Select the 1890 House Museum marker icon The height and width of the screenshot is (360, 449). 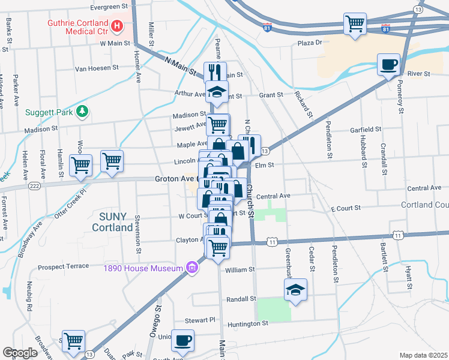[x=192, y=268]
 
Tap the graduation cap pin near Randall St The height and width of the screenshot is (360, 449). [x=295, y=290]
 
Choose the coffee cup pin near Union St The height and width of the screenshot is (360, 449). [x=183, y=340]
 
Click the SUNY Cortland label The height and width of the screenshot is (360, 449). [x=112, y=222]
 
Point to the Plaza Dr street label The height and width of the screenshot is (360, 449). [x=310, y=43]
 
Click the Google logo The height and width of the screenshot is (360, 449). [x=20, y=353]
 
